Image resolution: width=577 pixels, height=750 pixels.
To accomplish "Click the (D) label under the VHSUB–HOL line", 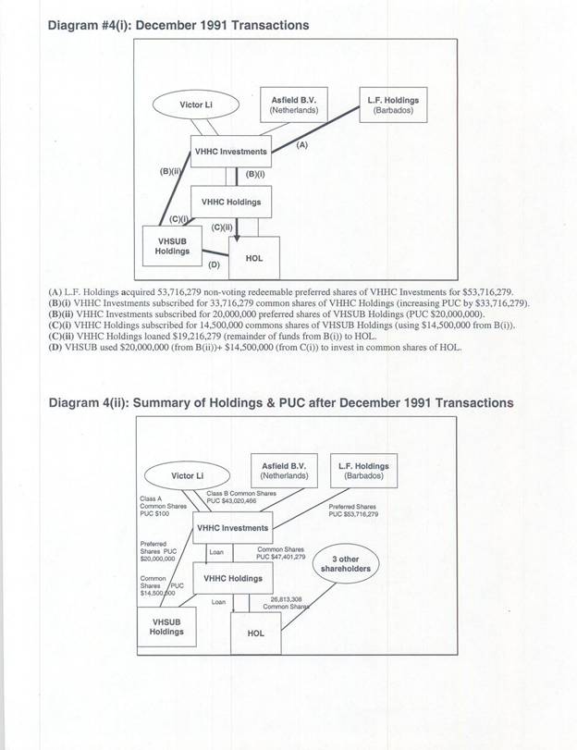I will (x=213, y=265).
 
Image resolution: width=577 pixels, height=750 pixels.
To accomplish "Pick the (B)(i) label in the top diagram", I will (x=254, y=172).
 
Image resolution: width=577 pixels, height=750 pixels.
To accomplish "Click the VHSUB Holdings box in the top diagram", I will (x=172, y=245).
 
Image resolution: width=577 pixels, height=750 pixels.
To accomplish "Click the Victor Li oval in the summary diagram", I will (x=188, y=475).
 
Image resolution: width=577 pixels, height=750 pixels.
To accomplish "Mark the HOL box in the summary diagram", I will (x=255, y=633).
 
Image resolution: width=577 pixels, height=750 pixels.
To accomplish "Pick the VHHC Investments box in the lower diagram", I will (x=232, y=528).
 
